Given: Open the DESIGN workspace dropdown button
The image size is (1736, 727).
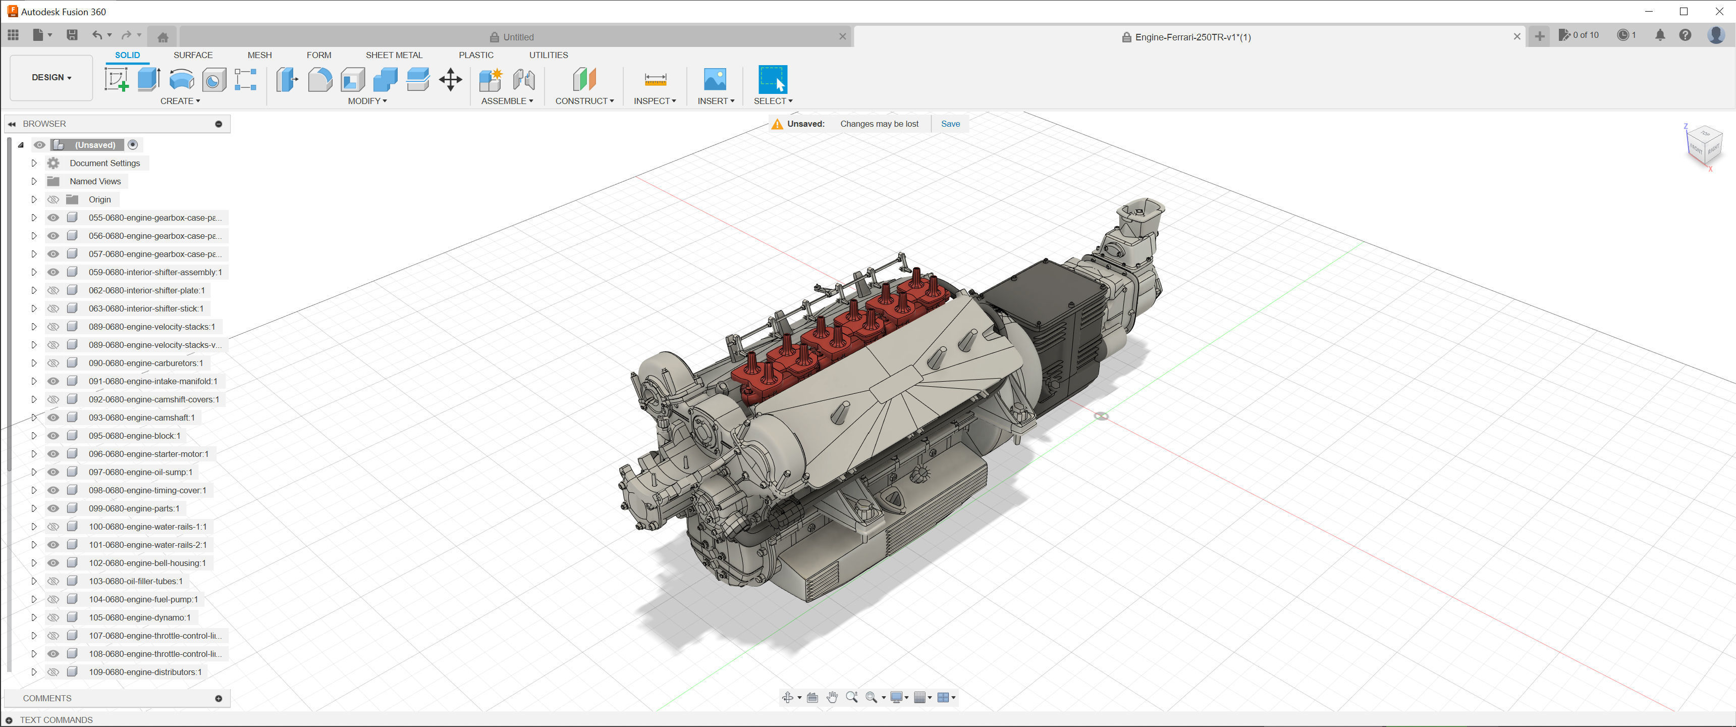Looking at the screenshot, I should pyautogui.click(x=51, y=78).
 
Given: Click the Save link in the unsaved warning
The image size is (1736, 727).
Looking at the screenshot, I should pyautogui.click(x=950, y=124).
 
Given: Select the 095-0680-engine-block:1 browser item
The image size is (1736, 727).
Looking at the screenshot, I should pyautogui.click(x=134, y=436).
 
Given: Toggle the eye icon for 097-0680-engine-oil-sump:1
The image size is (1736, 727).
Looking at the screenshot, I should pyautogui.click(x=53, y=472).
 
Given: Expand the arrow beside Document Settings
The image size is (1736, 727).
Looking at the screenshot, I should pyautogui.click(x=34, y=163).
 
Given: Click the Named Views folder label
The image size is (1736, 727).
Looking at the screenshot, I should pyautogui.click(x=95, y=181).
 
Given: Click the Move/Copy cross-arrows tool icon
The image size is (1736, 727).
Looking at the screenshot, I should pyautogui.click(x=450, y=80).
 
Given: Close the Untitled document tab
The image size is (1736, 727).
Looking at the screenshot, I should pyautogui.click(x=842, y=37).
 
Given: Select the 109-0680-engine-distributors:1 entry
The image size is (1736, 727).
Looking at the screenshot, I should pyautogui.click(x=145, y=671).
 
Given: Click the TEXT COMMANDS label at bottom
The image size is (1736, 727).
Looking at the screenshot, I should pyautogui.click(x=56, y=719).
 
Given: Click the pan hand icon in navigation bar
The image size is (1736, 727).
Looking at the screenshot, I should pyautogui.click(x=832, y=697).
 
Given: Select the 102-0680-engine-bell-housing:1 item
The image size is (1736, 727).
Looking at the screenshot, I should pyautogui.click(x=147, y=563).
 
